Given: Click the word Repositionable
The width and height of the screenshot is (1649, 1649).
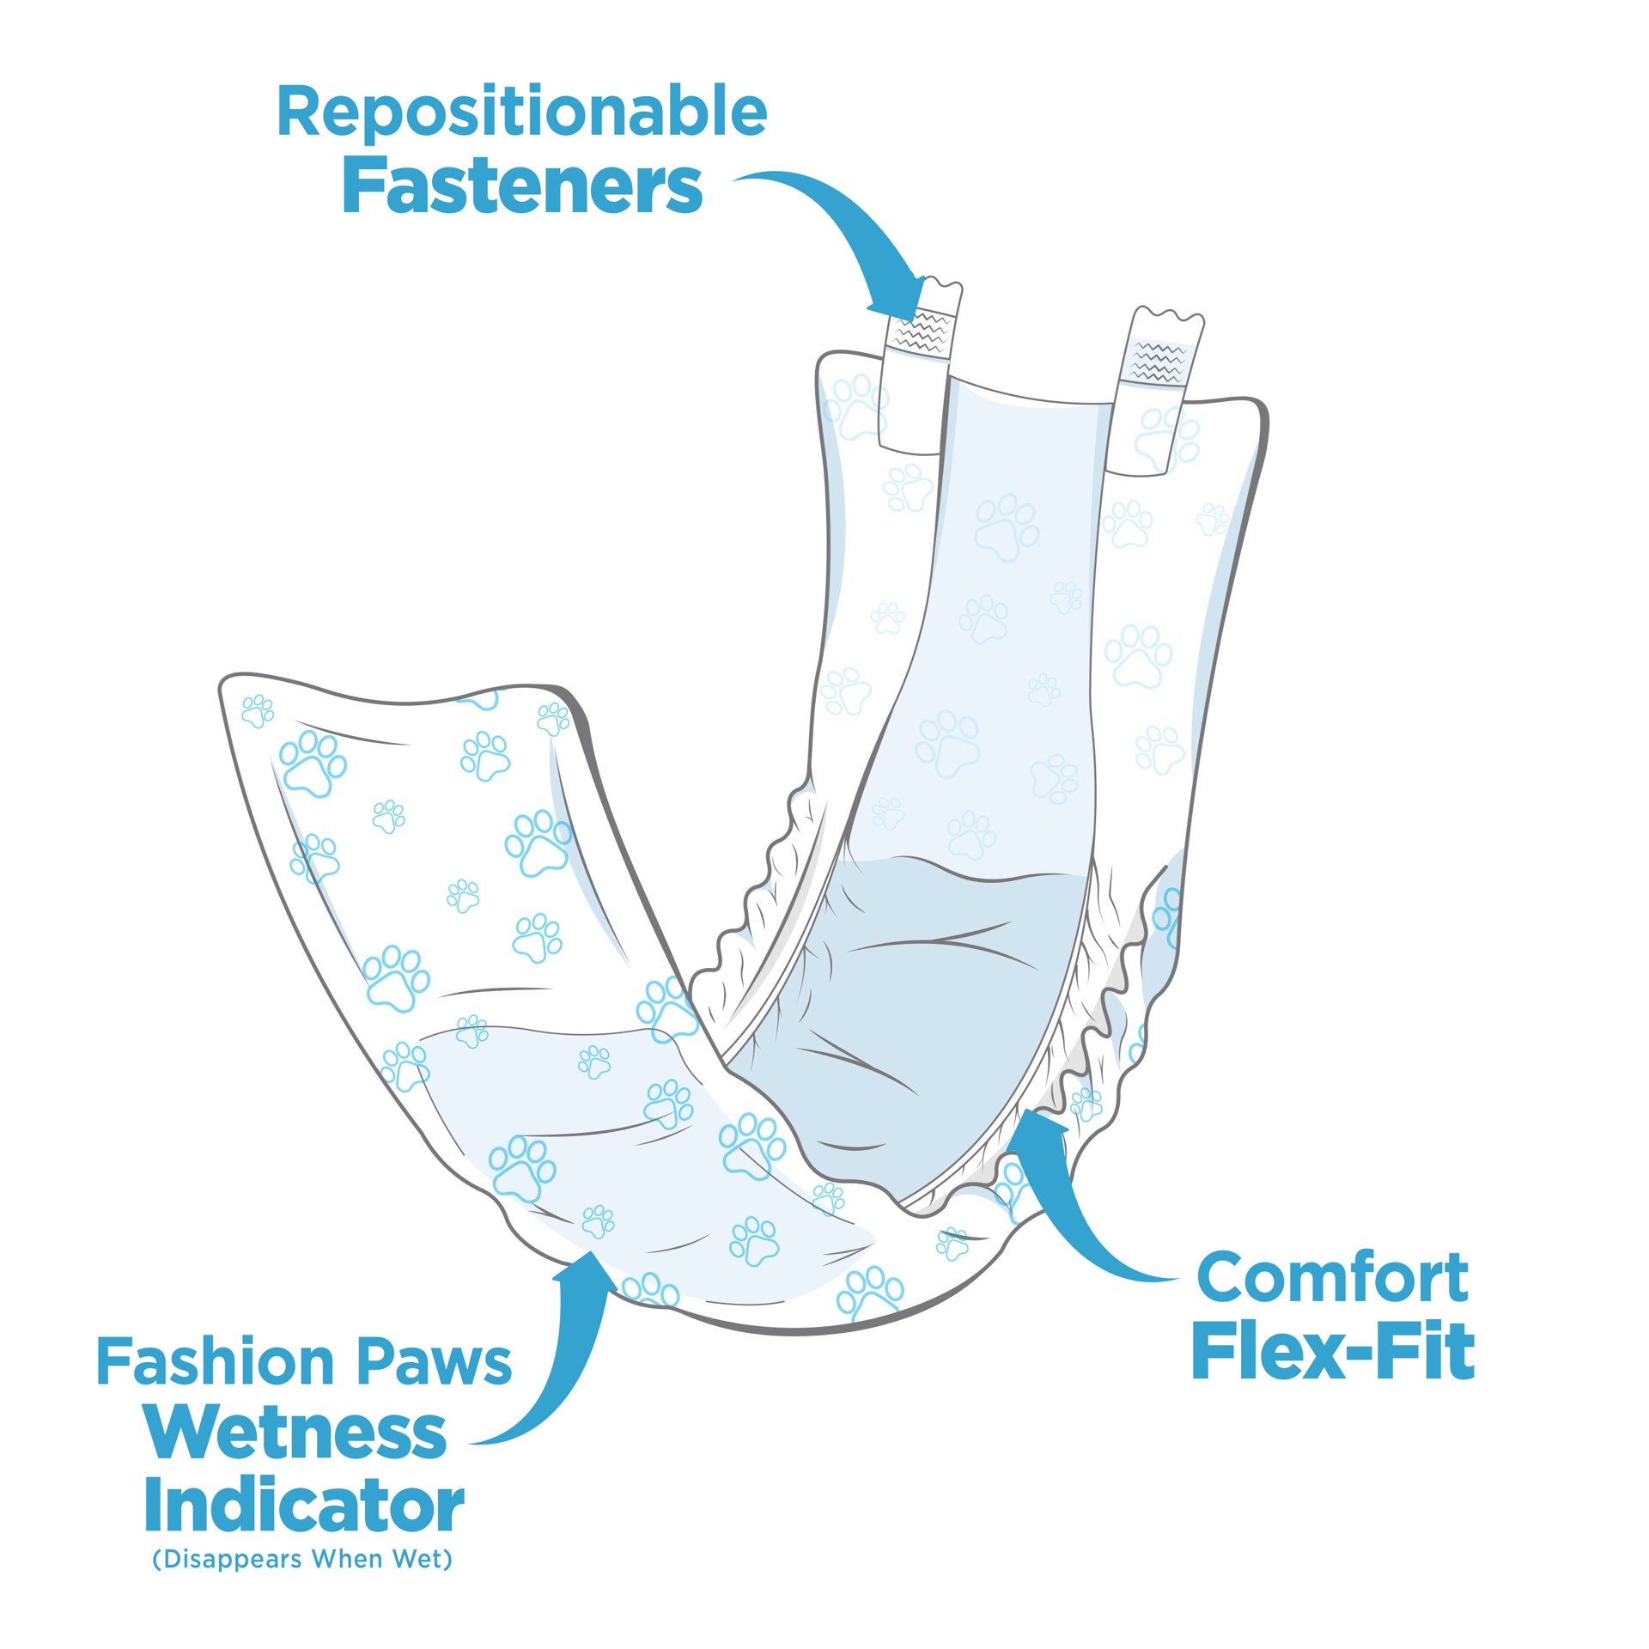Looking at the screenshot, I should tap(521, 113).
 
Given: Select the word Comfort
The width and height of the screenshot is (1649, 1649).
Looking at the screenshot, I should tap(1332, 1277).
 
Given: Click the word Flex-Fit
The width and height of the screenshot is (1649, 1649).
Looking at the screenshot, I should tap(1332, 1354).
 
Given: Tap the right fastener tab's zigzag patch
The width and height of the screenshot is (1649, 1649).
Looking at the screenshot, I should tap(1159, 362).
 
